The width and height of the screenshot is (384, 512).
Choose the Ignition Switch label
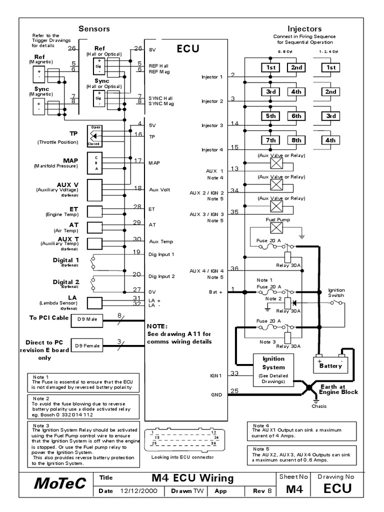click(x=336, y=292)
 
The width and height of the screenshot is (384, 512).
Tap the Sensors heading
click(x=94, y=29)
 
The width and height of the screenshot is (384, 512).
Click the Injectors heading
click(x=304, y=29)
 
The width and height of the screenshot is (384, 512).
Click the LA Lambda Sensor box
click(x=95, y=302)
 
